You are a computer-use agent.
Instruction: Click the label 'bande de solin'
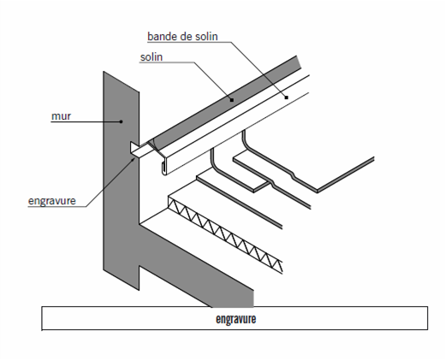pos(182,37)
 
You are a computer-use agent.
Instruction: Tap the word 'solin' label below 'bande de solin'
pos(151,57)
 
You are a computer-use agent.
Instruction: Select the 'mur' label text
pos(61,116)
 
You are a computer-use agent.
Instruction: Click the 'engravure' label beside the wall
pos(52,201)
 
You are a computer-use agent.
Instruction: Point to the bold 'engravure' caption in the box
pos(236,319)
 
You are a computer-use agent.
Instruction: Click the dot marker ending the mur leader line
pos(121,121)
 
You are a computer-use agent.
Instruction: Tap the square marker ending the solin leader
pos(232,100)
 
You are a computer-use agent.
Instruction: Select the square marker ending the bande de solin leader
pos(287,97)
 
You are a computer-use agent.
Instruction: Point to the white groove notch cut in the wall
pos(134,148)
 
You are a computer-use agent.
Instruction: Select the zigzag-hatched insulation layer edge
pos(225,234)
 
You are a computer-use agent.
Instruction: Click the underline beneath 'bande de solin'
pos(189,42)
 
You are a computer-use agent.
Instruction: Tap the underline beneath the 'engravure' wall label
pos(56,206)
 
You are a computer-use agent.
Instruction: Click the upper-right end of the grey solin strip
pos(299,62)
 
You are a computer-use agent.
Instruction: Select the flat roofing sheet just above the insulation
pos(240,199)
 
